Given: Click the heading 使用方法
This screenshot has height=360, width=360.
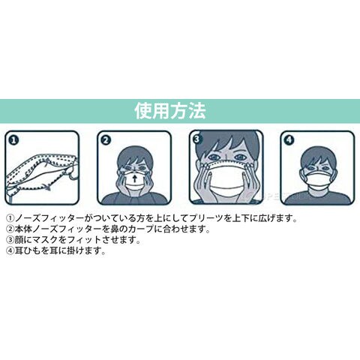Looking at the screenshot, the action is click(x=170, y=111).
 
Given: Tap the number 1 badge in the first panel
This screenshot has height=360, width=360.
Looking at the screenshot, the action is click(x=14, y=140).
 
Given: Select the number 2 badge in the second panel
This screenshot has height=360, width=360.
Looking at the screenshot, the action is click(x=106, y=140).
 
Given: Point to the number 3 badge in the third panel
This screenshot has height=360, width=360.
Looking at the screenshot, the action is click(x=197, y=139).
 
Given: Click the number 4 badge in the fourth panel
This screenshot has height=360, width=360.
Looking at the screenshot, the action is click(x=289, y=140).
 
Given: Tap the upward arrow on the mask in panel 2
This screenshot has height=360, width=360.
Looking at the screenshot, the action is click(x=135, y=178).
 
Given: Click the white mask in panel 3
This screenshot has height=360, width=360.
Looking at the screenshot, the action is click(x=226, y=178).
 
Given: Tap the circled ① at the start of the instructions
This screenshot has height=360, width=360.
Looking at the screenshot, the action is click(x=10, y=218).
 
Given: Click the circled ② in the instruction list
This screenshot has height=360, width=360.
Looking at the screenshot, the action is click(x=10, y=229).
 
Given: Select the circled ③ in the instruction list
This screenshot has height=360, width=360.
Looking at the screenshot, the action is click(x=10, y=240).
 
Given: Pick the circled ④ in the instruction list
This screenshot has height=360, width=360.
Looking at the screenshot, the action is click(x=10, y=250).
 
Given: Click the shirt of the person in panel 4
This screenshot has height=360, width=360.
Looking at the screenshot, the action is click(x=317, y=196).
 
